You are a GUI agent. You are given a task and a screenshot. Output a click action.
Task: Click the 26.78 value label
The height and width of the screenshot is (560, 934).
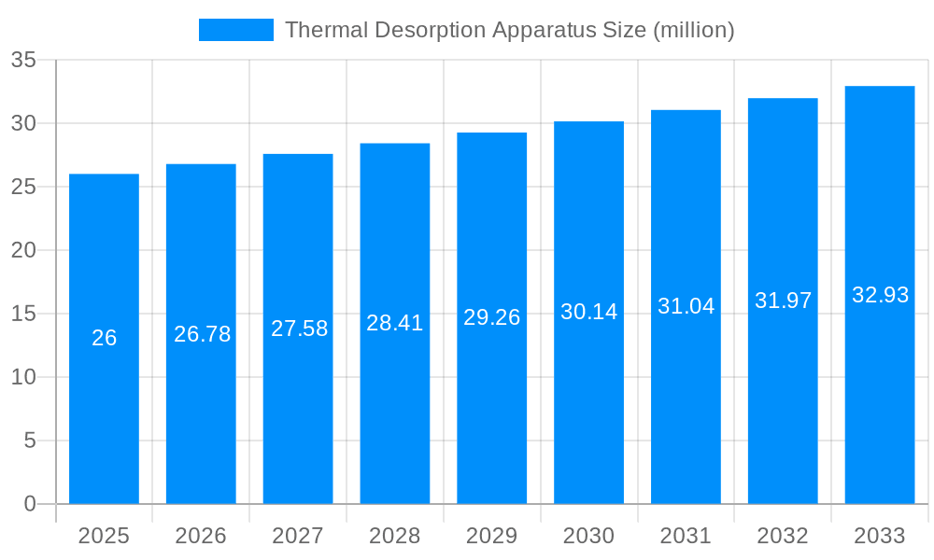click(202, 334)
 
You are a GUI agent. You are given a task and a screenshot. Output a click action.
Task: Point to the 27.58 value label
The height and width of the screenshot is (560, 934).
click(299, 329)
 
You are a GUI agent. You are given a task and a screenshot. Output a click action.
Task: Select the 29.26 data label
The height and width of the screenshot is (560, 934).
click(492, 317)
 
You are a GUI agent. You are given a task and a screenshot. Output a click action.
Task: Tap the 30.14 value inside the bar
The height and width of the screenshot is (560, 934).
click(589, 312)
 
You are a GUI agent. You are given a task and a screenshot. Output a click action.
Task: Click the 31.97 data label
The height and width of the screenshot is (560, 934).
click(783, 301)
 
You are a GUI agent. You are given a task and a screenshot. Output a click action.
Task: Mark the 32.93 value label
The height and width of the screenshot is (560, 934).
click(880, 295)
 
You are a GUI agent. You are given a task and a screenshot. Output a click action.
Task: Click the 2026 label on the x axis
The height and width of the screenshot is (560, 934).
click(201, 536)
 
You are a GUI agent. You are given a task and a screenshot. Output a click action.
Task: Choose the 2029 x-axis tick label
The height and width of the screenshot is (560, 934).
click(492, 536)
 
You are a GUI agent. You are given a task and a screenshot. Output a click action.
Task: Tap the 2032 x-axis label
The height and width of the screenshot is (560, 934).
click(783, 536)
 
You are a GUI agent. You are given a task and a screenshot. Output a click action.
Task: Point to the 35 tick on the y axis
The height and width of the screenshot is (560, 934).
click(23, 61)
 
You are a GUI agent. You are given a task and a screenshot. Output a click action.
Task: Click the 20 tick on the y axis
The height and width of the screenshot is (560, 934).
click(23, 250)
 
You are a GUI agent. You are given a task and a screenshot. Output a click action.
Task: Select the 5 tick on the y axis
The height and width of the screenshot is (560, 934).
click(30, 441)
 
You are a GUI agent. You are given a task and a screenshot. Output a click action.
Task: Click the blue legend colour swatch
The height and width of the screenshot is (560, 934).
click(236, 30)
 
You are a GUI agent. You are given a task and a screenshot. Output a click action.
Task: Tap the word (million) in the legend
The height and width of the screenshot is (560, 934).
click(693, 30)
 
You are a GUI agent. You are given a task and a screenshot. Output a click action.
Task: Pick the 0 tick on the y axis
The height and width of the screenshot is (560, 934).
click(30, 504)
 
